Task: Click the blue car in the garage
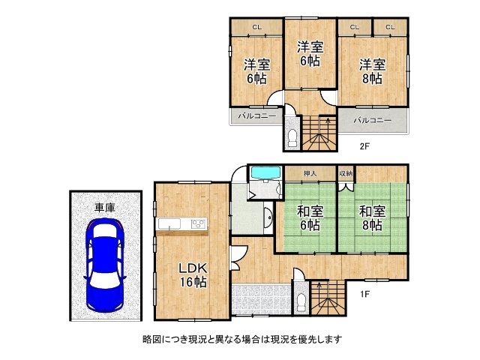point(105,264)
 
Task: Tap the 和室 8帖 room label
point(371,217)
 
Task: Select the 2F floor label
point(364,146)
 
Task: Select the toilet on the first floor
point(301,301)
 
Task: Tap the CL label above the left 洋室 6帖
point(256,28)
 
